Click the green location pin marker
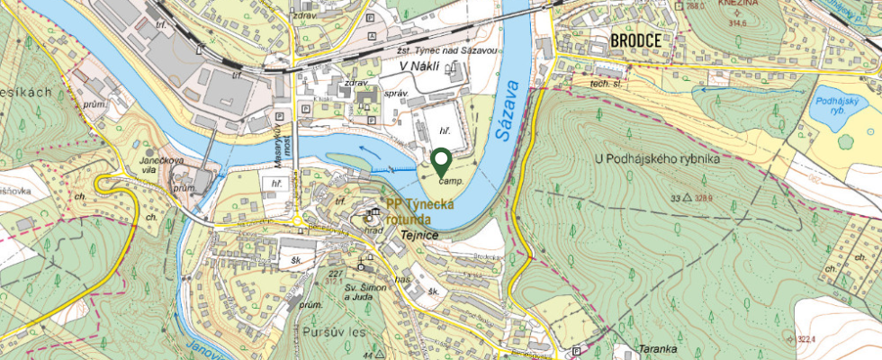(x=441, y=162)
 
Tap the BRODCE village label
(x=636, y=40)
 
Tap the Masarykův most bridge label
(x=292, y=149)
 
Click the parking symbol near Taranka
(x=575, y=350)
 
